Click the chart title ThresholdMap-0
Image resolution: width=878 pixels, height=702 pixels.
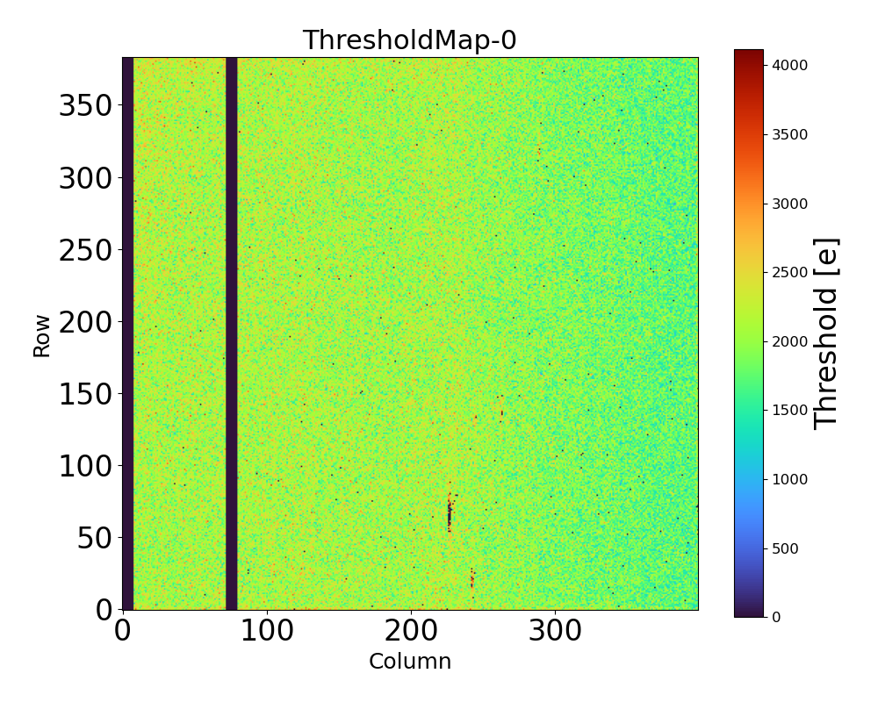[410, 40]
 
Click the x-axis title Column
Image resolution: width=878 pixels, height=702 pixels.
[410, 662]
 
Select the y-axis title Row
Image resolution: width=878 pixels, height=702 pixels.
[42, 333]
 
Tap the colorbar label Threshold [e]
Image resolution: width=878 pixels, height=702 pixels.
[826, 333]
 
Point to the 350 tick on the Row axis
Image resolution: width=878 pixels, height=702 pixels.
[87, 106]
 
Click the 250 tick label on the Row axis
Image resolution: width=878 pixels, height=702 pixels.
[87, 250]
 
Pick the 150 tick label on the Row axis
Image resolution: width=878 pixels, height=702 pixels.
[87, 394]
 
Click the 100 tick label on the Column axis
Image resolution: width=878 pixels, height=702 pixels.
[267, 631]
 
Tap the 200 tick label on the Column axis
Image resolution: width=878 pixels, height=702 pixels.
[411, 631]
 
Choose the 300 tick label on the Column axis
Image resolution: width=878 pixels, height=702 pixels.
[555, 631]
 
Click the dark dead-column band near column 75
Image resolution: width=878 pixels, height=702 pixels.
[231, 333]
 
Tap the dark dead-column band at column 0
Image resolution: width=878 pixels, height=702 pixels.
[127, 333]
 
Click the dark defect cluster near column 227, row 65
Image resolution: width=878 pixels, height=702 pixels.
[450, 513]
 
